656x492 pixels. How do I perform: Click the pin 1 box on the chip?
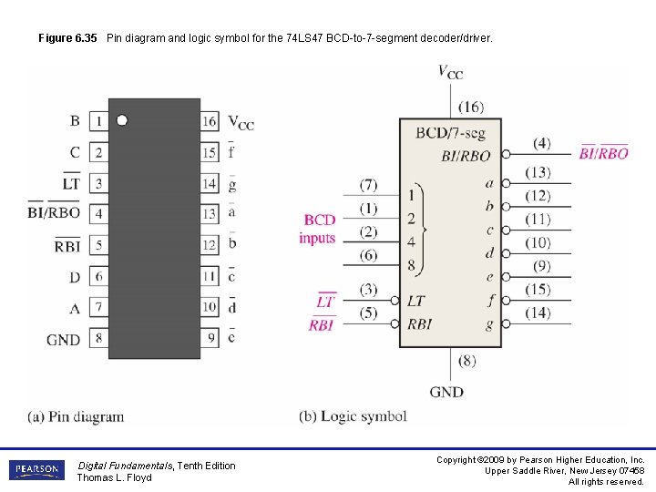98,121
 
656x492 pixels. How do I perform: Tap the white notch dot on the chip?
122,120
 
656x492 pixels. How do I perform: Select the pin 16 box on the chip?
210,121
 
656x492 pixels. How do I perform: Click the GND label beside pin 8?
63,340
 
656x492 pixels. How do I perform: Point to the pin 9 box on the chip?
210,338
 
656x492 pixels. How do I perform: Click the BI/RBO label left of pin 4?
54,213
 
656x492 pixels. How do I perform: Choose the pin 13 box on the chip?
210,213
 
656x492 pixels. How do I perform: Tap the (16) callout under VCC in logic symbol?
471,106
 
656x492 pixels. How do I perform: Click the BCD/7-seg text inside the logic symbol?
450,133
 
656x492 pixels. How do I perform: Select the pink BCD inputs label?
318,229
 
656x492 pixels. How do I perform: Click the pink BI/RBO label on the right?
603,153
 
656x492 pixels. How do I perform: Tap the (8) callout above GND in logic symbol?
466,361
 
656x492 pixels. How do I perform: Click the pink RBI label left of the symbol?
322,324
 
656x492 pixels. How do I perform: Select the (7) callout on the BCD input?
368,185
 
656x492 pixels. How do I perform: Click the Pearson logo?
36,470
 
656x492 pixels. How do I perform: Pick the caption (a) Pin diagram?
76,416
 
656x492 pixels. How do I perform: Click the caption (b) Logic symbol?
353,416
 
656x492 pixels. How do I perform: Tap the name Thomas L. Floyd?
114,477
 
